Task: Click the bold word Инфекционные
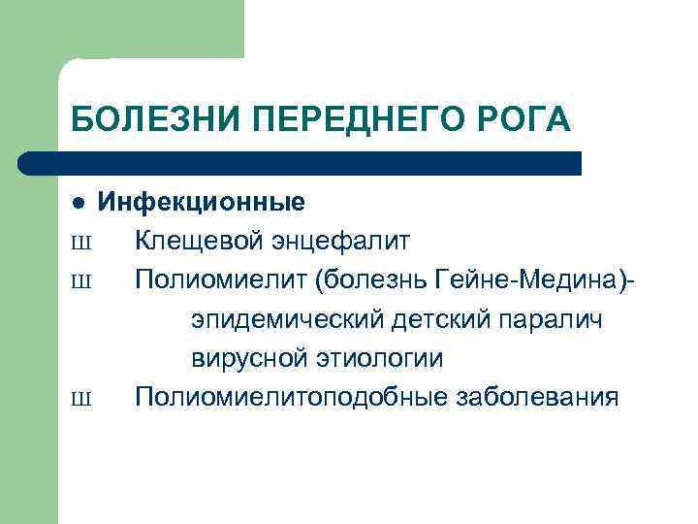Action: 201,202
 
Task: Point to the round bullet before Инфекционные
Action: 79,203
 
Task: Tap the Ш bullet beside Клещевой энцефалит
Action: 80,241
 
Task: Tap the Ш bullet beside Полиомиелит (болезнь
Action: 80,280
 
